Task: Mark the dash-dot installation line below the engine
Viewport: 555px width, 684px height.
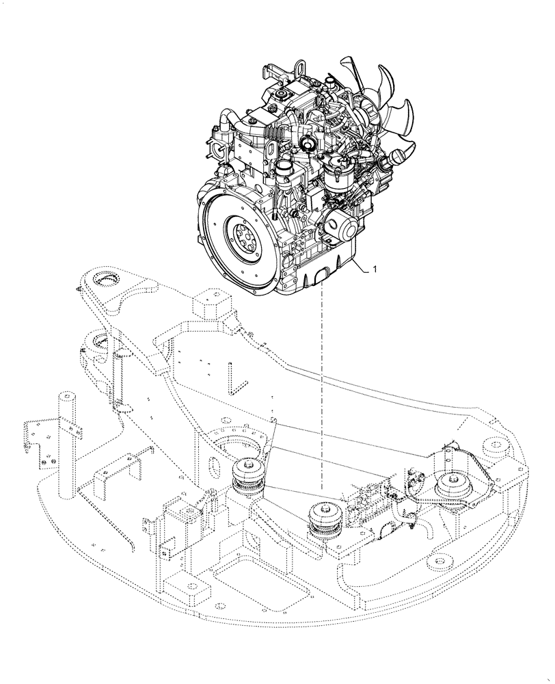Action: click(321, 397)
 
